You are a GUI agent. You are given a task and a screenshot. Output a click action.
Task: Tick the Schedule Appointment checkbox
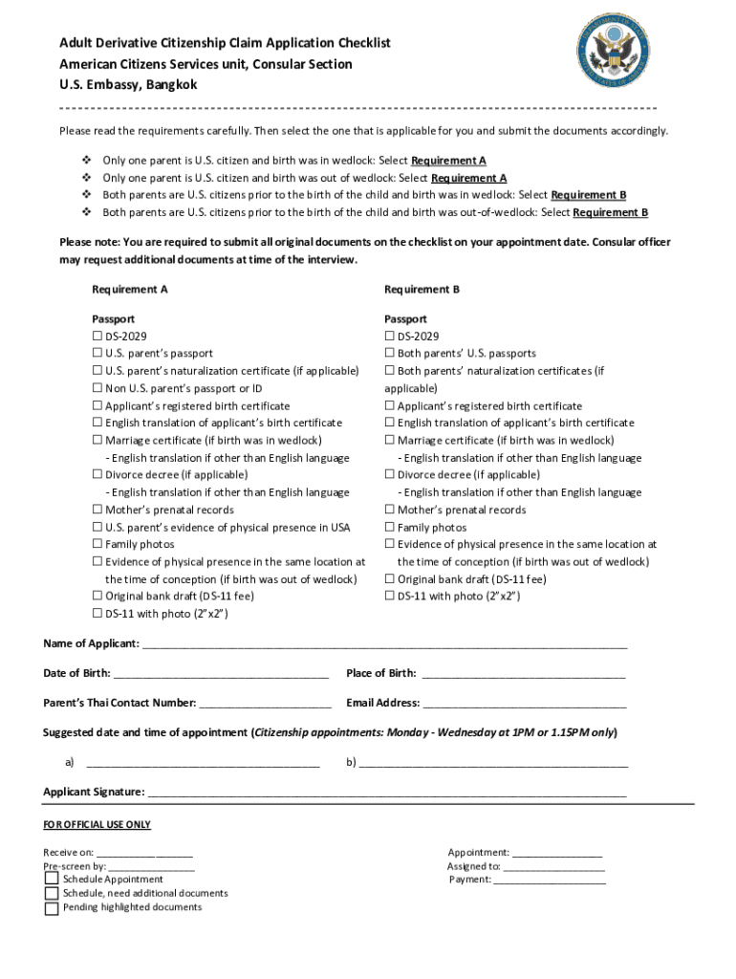(x=52, y=879)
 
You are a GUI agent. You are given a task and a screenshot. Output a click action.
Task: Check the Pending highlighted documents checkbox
(x=52, y=907)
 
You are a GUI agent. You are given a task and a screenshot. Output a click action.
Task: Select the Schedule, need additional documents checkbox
(x=52, y=893)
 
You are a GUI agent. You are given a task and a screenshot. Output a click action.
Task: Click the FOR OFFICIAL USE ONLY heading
(x=97, y=824)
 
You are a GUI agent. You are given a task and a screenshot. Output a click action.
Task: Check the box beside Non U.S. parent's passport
(x=97, y=388)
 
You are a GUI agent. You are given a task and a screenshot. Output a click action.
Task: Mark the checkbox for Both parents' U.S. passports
(x=390, y=354)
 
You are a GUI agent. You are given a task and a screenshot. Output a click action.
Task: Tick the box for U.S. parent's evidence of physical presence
(x=97, y=528)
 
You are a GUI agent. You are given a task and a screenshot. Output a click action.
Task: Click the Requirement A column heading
(x=130, y=289)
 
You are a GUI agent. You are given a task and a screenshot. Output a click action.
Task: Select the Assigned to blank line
(x=554, y=866)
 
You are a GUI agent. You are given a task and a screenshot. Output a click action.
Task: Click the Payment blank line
(x=550, y=880)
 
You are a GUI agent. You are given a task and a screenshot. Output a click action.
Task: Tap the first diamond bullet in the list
(x=86, y=161)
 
